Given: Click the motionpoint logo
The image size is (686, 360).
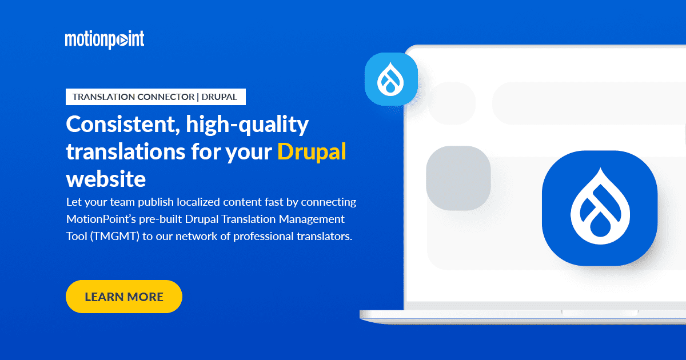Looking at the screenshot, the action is tap(105, 39).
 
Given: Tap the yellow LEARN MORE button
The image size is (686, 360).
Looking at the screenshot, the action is tap(124, 297).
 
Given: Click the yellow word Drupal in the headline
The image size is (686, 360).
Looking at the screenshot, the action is tap(312, 152).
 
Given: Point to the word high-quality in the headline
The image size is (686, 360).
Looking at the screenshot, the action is tap(248, 125).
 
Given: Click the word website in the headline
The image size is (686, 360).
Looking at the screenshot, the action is tap(106, 179).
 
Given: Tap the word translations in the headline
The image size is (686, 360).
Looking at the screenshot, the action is tap(126, 152).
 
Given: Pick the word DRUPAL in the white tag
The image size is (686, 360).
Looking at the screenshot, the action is tap(220, 97).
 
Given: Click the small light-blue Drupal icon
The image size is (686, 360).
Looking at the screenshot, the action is tap(391, 79).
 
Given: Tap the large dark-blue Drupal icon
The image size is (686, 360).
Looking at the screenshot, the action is tap(600, 208).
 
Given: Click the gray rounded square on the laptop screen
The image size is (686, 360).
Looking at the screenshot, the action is tap(458, 178).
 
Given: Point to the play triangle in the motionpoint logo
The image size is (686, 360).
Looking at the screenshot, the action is tap(122, 41).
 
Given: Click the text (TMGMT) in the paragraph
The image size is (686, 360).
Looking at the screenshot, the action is tap(115, 237).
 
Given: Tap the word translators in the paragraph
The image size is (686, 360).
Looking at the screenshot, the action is tap(324, 237).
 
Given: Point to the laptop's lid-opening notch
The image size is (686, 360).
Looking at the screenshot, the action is tap(600, 313).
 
